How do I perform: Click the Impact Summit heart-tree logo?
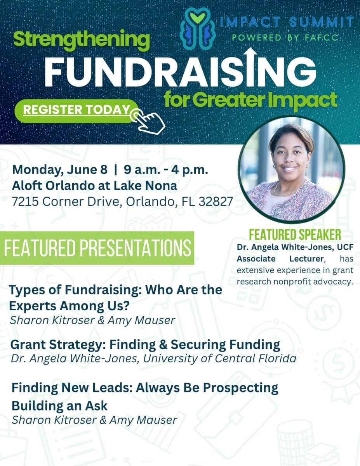pos(197,28)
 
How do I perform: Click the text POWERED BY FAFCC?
pos(285,38)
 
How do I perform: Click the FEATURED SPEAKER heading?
pos(295,235)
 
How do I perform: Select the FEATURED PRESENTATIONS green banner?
pos(97,248)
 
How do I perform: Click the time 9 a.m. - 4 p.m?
pos(166,170)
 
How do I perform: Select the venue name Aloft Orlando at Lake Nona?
pos(94,186)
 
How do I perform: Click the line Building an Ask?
pos(59,406)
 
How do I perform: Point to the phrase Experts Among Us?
pos(70,306)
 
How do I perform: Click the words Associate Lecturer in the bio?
pos(280,259)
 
